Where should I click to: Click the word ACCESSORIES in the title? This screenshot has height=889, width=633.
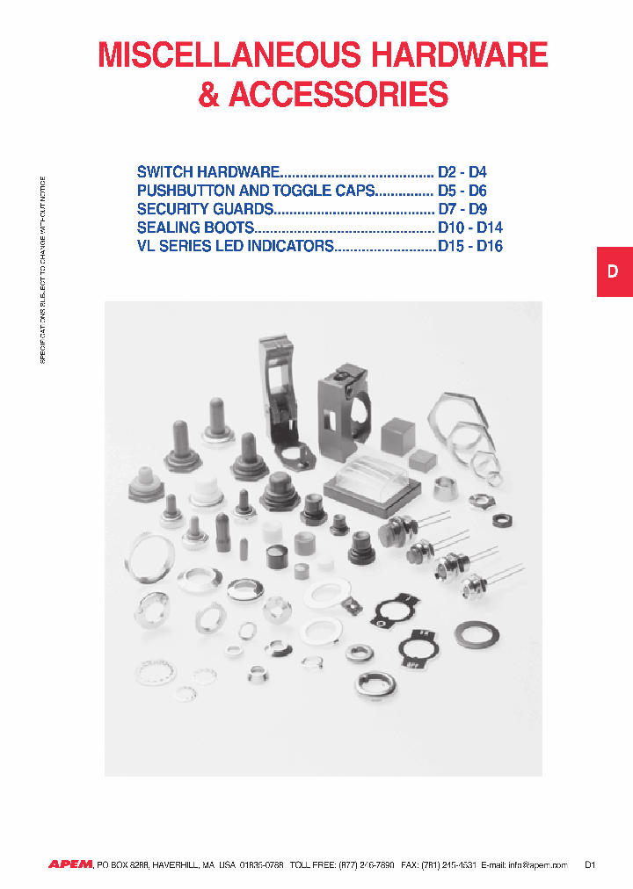click(x=338, y=95)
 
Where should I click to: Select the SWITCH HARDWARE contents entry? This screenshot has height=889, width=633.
click(x=208, y=171)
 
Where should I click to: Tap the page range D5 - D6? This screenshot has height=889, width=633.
click(x=462, y=191)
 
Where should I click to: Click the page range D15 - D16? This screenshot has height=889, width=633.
click(x=470, y=247)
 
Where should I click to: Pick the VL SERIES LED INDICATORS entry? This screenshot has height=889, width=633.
click(x=236, y=247)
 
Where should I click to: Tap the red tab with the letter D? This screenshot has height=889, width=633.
click(x=614, y=272)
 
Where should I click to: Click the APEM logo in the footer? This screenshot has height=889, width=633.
click(x=70, y=864)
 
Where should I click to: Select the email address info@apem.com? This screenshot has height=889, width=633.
click(x=537, y=865)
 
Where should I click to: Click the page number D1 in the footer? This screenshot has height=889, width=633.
click(x=591, y=865)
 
